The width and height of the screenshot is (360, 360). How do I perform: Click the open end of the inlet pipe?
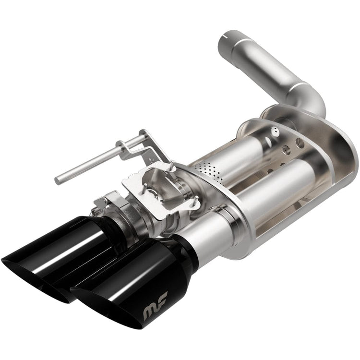(229, 39)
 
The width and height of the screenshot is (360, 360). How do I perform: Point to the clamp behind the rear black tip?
(115, 204)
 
